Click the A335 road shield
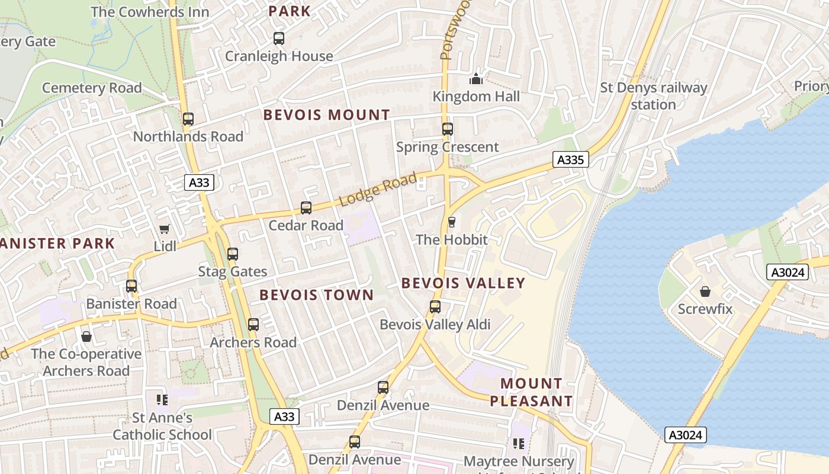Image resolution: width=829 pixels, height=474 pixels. point(571,159)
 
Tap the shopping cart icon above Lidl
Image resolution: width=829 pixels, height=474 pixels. point(164,229)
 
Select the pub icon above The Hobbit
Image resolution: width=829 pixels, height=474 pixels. point(452,222)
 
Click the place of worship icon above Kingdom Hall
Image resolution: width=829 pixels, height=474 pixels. point(476,78)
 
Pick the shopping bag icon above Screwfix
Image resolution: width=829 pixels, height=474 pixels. point(705,292)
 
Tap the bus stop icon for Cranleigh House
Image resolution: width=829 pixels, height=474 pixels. point(279,39)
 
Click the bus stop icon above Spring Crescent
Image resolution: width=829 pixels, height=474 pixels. point(448,129)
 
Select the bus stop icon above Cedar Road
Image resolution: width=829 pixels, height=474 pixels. point(306,208)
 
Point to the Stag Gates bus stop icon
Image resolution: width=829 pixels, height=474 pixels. point(233,254)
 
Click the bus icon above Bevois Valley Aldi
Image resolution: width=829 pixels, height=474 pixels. point(435,307)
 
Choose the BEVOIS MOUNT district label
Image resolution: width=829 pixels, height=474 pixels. point(327,115)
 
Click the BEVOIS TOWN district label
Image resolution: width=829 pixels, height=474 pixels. point(317,295)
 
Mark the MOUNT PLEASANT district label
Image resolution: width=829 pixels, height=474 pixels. point(531,392)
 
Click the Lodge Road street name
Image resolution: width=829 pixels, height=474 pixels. point(378,190)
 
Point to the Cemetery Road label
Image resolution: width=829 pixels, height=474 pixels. point(92,88)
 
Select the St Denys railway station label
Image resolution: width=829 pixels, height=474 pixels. point(654,96)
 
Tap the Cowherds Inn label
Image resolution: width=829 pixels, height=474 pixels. point(150,12)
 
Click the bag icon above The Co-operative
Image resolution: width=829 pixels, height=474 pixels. point(86,337)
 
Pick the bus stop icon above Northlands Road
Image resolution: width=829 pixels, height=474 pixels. point(188,119)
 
